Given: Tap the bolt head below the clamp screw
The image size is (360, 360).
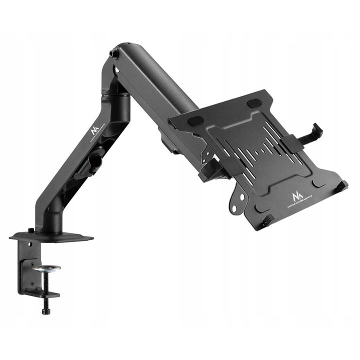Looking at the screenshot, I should (x=46, y=311).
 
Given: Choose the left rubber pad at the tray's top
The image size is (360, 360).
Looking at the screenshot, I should (x=195, y=120).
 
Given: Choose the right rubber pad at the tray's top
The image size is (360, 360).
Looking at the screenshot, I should (x=254, y=102).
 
